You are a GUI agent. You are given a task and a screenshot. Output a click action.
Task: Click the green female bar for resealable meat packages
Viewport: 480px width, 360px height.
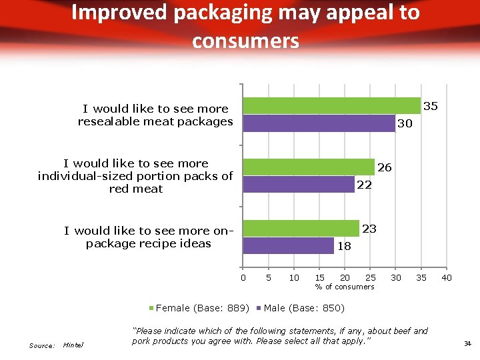[x=331, y=106]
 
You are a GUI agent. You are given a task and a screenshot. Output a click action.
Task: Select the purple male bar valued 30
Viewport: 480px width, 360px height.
[x=319, y=123]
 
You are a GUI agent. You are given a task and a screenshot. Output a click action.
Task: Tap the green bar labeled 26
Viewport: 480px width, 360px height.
[x=308, y=167]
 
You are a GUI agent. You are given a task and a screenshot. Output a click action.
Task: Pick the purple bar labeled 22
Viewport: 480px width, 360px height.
[x=298, y=184]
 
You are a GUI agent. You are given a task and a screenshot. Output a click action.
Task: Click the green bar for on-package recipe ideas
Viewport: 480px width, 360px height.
[x=301, y=229]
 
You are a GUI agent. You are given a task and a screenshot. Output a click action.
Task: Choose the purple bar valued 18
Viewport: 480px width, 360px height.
[x=288, y=245]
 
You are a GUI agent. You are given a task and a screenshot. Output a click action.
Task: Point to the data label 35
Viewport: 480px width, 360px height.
[x=431, y=107]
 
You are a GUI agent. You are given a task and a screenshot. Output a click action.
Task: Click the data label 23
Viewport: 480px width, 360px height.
[x=369, y=229]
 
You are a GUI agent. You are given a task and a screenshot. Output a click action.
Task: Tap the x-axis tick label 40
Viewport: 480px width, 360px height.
[x=447, y=277]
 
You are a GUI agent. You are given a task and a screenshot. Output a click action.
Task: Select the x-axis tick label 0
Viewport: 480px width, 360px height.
[x=243, y=277]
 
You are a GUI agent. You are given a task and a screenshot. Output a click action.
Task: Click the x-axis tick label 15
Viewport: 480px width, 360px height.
[x=319, y=277]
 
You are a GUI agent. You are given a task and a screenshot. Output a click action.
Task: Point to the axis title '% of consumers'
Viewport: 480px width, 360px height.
[x=345, y=287]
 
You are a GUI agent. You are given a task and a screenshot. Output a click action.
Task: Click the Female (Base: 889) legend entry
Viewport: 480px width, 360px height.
[x=201, y=308]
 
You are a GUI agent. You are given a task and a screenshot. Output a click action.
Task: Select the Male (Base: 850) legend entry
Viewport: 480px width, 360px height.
[x=304, y=308]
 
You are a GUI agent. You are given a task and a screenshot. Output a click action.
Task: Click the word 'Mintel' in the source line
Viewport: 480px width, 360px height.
[x=73, y=345]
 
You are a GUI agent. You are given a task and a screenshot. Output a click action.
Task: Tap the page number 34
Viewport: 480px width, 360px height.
[x=467, y=344]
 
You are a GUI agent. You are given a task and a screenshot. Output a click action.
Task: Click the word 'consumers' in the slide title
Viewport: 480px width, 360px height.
[x=245, y=41]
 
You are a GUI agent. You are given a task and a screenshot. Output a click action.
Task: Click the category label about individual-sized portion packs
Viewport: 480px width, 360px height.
[x=135, y=176]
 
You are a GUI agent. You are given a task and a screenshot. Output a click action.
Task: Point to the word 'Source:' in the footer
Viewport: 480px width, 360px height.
[x=41, y=345]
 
